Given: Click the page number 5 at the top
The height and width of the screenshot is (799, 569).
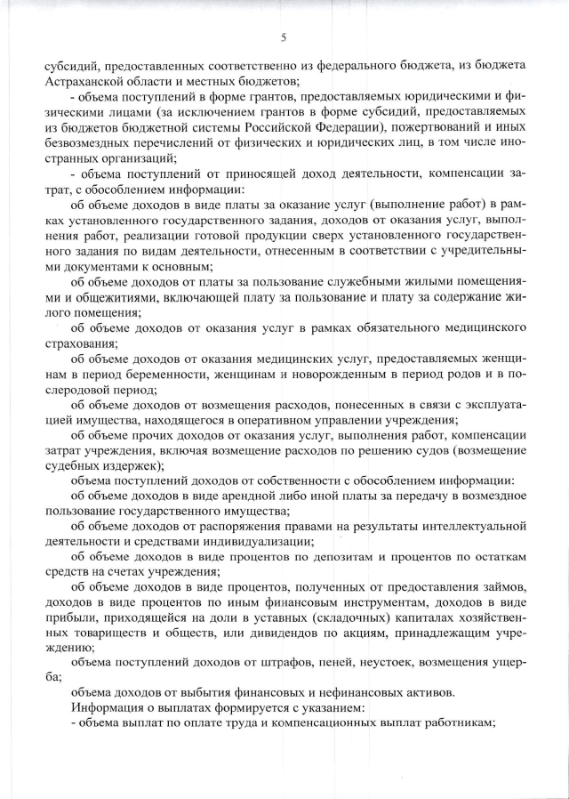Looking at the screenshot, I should click(x=284, y=36).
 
